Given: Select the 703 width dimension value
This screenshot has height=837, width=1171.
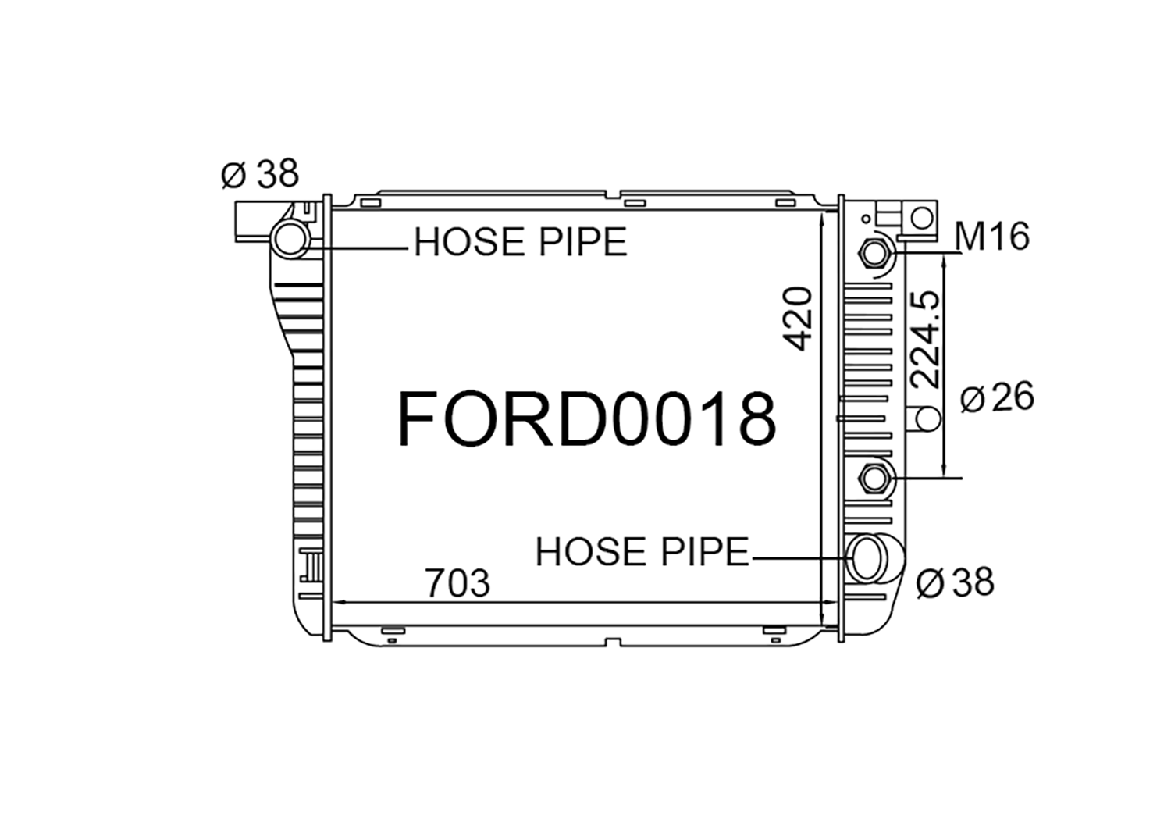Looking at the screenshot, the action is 458,583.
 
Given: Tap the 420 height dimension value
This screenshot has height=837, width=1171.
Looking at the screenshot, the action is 799,319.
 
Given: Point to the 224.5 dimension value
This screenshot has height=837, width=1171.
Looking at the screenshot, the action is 925,340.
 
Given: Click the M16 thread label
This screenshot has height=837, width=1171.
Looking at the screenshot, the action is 991,237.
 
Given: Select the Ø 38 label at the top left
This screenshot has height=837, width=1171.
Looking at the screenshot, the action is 260,173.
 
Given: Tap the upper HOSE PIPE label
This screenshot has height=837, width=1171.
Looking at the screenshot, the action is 520,241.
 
